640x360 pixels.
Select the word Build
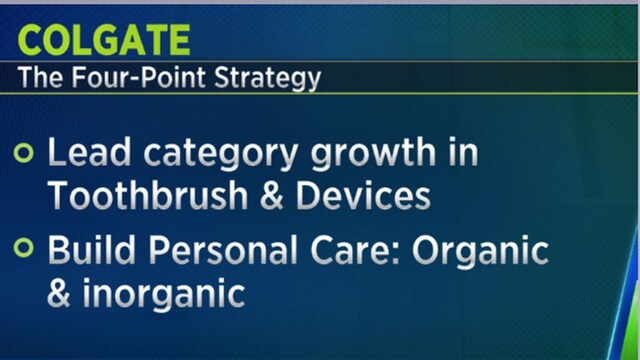tap(84, 251)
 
